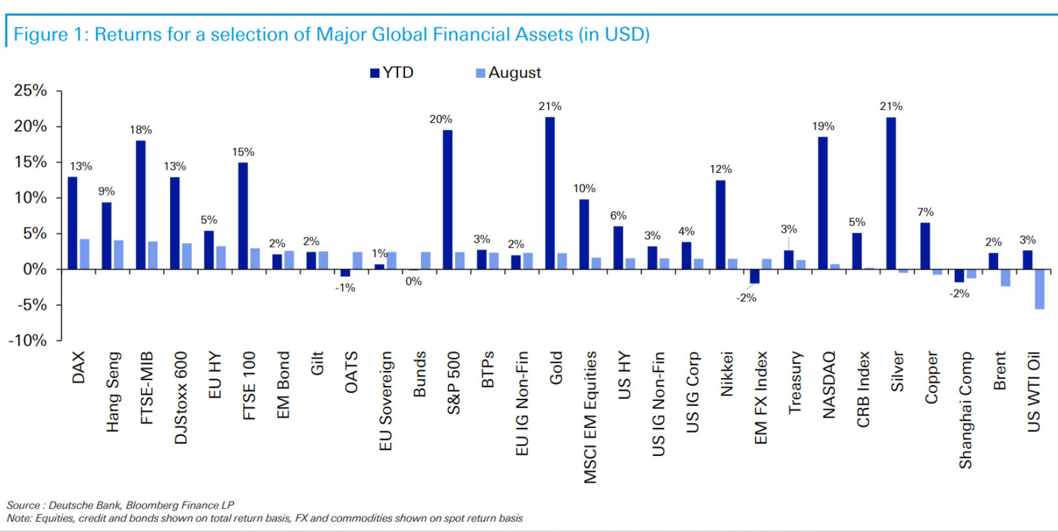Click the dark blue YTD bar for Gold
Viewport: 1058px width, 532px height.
click(x=550, y=193)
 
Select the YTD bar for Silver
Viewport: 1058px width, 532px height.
click(x=891, y=193)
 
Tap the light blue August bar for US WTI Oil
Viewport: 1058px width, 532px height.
click(x=1039, y=289)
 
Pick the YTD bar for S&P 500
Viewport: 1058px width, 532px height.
click(x=447, y=199)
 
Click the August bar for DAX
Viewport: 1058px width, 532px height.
click(x=84, y=254)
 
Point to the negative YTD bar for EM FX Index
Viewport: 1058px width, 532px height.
click(x=755, y=276)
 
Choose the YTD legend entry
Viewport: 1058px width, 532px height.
click(x=392, y=73)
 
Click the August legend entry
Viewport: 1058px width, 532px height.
click(x=509, y=73)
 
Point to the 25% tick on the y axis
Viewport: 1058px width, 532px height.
click(x=31, y=90)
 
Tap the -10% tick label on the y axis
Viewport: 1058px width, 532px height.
click(x=28, y=340)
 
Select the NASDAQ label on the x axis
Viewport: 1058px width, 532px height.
click(x=829, y=385)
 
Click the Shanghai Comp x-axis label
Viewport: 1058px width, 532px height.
click(x=965, y=410)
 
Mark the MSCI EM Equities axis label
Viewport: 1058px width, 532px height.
click(x=590, y=417)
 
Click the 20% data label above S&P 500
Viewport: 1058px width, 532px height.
click(x=440, y=119)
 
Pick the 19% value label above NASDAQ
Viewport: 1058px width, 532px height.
click(x=823, y=126)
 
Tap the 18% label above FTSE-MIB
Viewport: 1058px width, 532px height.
click(x=140, y=130)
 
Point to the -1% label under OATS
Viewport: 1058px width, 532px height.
click(x=345, y=288)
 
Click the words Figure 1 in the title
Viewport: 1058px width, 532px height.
click(x=50, y=34)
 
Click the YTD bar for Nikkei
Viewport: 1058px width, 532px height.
click(x=720, y=224)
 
